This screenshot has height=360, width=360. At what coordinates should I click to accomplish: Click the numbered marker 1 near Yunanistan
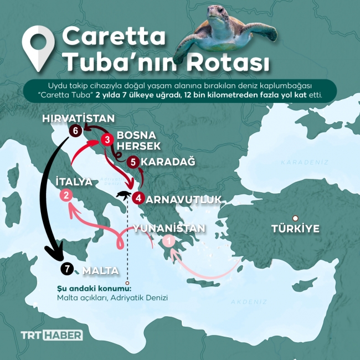pos(169,240)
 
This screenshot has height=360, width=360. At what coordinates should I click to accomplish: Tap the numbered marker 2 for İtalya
pos(66,195)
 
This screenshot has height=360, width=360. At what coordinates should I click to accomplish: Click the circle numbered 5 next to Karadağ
pos(132,162)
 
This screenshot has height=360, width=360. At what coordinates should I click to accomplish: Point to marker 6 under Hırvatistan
pos(75,131)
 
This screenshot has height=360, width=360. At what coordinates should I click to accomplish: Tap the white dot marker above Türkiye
pos(296,218)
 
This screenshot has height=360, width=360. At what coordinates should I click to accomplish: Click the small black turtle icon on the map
pos(124,195)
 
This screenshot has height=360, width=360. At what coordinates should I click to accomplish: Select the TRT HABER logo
pos(52,335)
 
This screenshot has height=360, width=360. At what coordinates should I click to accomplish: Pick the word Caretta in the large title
pos(114,37)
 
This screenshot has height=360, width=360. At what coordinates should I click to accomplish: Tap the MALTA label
pos(100,271)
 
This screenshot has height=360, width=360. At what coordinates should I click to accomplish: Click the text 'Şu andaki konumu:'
pos(94,288)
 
